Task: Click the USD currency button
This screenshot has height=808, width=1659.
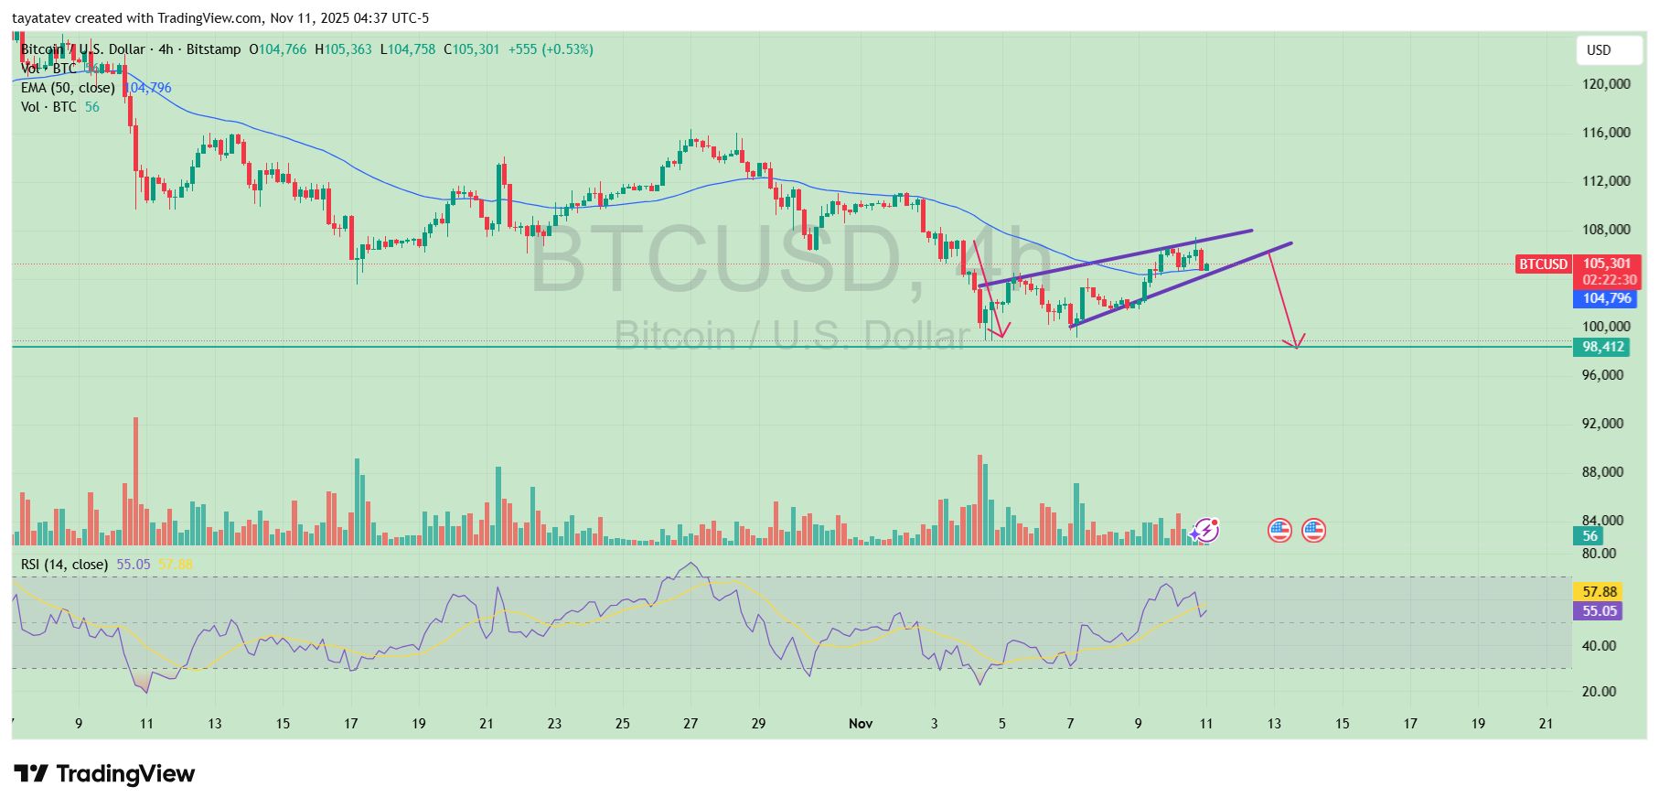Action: tap(1608, 50)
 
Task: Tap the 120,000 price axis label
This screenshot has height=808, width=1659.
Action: tap(1606, 84)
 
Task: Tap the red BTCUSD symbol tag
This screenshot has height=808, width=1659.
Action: tap(1543, 264)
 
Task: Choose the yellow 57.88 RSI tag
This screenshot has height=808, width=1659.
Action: tap(1600, 592)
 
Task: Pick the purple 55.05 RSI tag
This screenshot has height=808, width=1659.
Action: tap(1600, 611)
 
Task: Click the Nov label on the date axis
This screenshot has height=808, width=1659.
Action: tap(861, 724)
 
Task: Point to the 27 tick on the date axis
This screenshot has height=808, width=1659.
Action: tap(690, 724)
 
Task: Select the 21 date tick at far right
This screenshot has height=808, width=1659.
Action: tap(1546, 724)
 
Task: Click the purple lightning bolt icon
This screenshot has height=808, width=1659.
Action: tap(1206, 530)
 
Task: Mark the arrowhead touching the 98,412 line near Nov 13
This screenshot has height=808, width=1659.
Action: tap(1295, 343)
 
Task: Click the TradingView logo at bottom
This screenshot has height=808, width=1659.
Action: tap(105, 774)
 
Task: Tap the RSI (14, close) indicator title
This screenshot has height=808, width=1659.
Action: tap(65, 565)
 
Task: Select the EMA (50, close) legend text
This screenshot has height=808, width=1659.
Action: tap(68, 88)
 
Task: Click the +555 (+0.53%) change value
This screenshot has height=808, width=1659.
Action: tap(551, 49)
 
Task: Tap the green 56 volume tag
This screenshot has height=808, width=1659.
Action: tap(1590, 536)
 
